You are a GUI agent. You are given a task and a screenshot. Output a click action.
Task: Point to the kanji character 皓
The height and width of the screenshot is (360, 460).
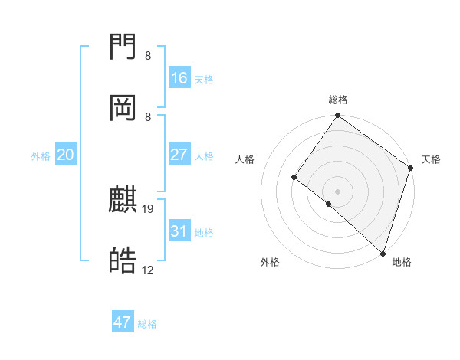123,261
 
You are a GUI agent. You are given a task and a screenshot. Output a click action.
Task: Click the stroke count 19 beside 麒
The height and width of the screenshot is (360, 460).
149,208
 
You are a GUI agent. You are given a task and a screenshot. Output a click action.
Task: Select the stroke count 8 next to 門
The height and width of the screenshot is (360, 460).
148,56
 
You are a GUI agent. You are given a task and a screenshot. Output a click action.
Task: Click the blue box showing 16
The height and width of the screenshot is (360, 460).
179,78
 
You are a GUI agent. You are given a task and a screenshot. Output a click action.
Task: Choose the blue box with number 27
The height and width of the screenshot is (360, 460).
179,155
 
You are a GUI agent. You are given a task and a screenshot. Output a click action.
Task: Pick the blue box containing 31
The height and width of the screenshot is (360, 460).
179,231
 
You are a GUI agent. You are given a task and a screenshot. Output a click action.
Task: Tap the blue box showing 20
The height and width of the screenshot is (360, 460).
66,155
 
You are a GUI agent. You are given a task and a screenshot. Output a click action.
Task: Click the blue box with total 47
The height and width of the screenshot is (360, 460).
123,322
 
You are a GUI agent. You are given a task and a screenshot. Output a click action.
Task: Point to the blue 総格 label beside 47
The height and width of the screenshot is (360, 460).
147,324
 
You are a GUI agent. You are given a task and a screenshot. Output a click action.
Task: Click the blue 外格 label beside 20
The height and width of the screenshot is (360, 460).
41,156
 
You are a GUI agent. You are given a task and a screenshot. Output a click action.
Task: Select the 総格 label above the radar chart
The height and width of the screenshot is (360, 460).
338,100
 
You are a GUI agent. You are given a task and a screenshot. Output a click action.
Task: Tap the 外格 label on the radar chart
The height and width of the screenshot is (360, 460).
270,262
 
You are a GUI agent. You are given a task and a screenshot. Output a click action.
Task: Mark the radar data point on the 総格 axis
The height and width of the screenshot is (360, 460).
337,116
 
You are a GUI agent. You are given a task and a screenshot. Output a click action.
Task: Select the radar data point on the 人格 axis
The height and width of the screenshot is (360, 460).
294,178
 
